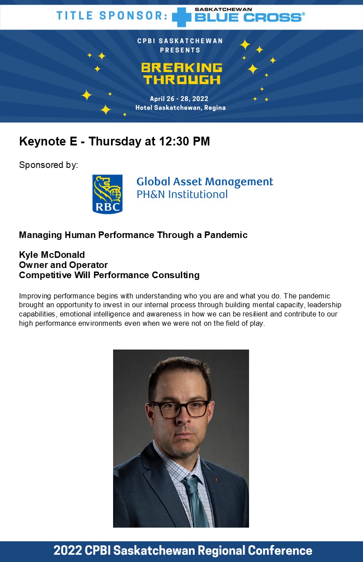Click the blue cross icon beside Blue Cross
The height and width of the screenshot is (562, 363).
[182, 17]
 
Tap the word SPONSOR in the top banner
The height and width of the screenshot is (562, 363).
[133, 15]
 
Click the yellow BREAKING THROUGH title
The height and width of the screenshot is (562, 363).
[182, 74]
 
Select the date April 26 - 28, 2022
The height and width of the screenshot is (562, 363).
[179, 99]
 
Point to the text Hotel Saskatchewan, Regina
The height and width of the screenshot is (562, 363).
[180, 108]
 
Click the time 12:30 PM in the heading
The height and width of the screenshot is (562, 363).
[184, 141]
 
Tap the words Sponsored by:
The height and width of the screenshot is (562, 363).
[48, 165]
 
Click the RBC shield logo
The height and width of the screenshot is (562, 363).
[107, 194]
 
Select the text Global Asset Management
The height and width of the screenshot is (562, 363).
[205, 182]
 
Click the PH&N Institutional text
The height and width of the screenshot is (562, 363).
[182, 194]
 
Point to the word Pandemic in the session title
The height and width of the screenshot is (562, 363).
[226, 235]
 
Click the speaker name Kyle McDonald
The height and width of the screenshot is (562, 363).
[52, 255]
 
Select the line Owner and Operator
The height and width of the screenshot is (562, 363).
[63, 265]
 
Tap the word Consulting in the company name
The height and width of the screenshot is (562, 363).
[176, 275]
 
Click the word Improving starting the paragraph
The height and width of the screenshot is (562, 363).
[35, 296]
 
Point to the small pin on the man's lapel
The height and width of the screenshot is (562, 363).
[217, 480]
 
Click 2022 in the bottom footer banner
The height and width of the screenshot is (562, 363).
[68, 551]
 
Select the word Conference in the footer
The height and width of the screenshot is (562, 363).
[280, 551]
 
